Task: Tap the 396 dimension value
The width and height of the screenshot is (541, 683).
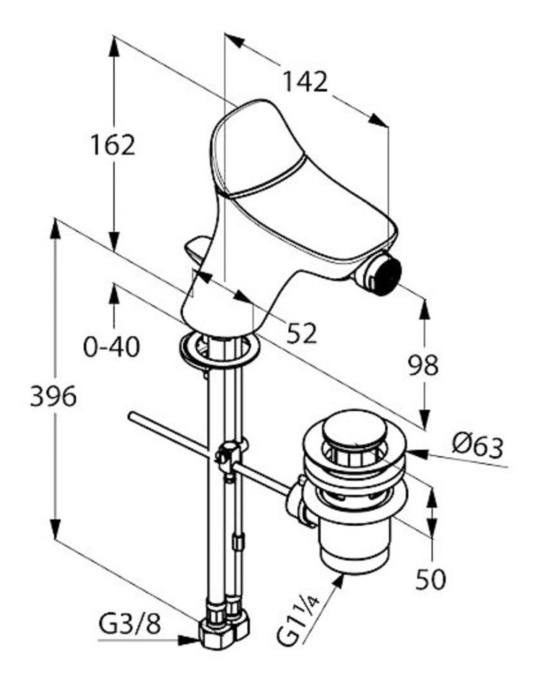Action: coord(52,395)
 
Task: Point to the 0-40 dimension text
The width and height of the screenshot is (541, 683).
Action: coord(112,347)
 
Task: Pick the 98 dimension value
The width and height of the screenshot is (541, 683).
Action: coord(424,366)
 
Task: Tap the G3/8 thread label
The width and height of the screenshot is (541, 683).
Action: coord(130,623)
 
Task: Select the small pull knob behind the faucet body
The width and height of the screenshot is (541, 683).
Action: coord(197,250)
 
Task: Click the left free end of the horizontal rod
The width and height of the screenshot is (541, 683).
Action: coord(131,416)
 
